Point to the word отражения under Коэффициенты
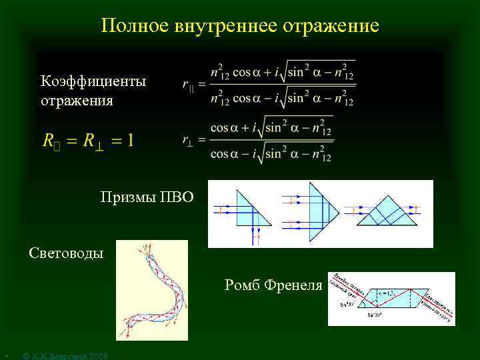coord(77,101)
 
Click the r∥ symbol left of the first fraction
coord(188,84)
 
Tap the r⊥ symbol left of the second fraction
coord(189,139)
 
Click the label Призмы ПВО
coord(147,197)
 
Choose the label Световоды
coord(67,253)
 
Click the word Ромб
coord(242,285)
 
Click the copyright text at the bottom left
coord(64,355)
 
